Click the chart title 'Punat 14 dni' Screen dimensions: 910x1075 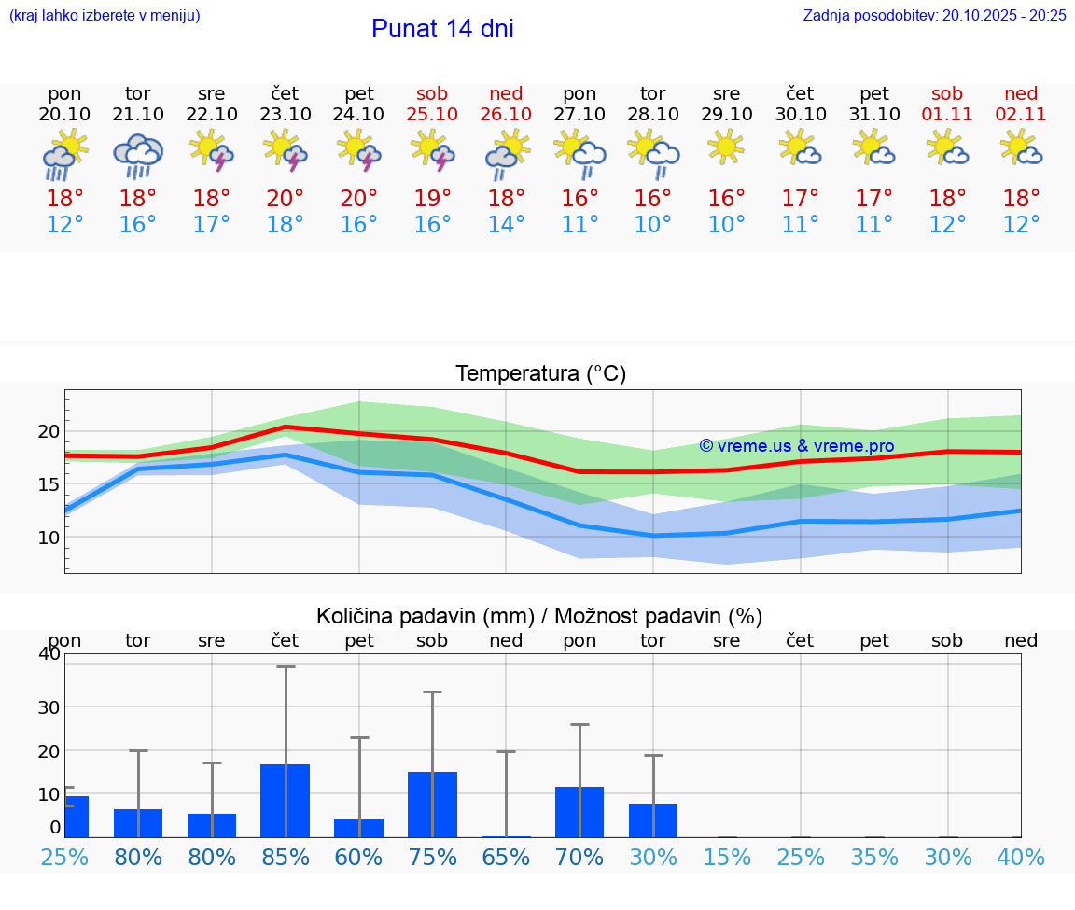(x=442, y=29)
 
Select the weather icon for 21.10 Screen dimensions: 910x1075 (x=138, y=156)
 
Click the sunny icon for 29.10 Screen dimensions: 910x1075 (x=726, y=147)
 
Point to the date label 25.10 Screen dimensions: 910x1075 (x=432, y=114)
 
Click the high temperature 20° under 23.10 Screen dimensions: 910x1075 (x=285, y=198)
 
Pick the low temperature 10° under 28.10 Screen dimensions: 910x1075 (x=652, y=225)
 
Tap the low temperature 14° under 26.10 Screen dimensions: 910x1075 (x=506, y=225)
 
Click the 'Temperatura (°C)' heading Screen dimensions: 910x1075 (x=540, y=374)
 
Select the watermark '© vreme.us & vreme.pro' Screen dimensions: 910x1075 (x=796, y=446)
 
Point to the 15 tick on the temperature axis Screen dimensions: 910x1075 (x=49, y=484)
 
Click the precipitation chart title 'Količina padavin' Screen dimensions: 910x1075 (x=538, y=616)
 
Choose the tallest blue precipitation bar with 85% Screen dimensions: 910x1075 (x=285, y=800)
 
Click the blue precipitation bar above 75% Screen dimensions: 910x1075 (x=432, y=804)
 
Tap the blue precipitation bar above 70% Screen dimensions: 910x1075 (x=579, y=811)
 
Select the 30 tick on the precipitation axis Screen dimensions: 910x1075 (x=49, y=707)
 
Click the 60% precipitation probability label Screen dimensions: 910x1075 (x=358, y=858)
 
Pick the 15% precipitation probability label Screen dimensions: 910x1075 (x=726, y=858)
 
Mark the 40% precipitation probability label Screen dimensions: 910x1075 (x=1021, y=858)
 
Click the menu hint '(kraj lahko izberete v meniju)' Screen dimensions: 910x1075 (x=105, y=15)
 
